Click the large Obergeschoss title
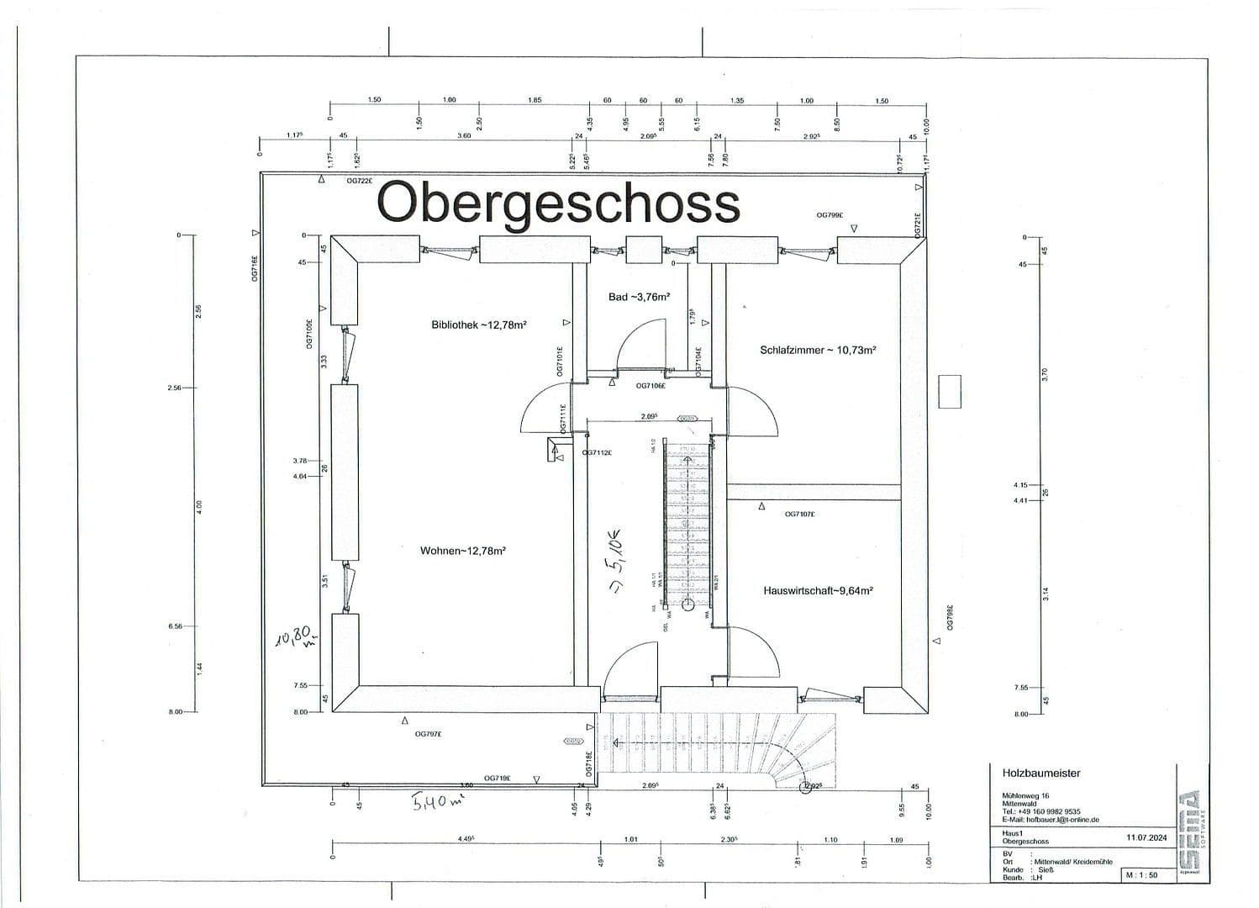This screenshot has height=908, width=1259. (558, 203)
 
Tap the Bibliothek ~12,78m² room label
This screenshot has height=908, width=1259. (478, 325)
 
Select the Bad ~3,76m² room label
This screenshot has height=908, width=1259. (639, 297)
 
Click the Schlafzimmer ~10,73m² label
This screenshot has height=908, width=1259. (818, 350)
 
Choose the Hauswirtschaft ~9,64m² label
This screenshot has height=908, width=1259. (818, 591)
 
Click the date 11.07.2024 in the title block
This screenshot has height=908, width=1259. (1146, 837)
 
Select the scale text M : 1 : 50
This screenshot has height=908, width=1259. (1140, 875)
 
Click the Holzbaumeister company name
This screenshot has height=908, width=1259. (1040, 773)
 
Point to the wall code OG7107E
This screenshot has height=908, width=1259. (799, 514)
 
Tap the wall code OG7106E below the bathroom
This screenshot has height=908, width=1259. (651, 386)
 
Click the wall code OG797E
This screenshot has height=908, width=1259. (428, 734)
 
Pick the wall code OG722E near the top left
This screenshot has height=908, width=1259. (359, 180)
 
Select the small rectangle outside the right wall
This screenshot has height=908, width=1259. (950, 391)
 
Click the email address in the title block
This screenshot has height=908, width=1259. (1050, 820)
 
